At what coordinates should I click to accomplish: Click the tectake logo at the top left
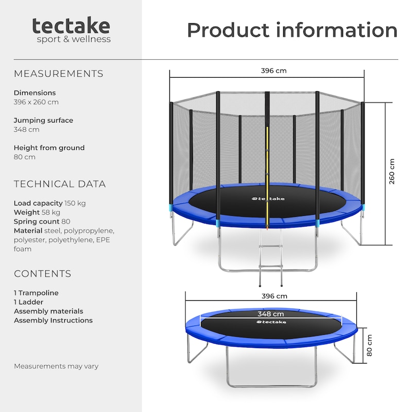pyautogui.click(x=71, y=30)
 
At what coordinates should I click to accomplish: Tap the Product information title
pyautogui.click(x=292, y=30)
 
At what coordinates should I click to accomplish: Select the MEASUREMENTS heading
pyautogui.click(x=58, y=74)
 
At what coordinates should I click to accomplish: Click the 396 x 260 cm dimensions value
pyautogui.click(x=36, y=102)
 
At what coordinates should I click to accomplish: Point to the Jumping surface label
pyautogui.click(x=43, y=121)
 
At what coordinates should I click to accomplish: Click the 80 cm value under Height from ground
pyautogui.click(x=24, y=157)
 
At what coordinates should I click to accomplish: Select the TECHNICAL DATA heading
pyautogui.click(x=60, y=184)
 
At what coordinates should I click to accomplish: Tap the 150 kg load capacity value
pyautogui.click(x=75, y=203)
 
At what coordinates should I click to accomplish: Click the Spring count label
pyautogui.click(x=37, y=221)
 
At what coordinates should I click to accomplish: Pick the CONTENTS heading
pyautogui.click(x=42, y=274)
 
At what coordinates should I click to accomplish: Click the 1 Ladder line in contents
pyautogui.click(x=28, y=302)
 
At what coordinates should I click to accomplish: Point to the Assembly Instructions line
pyautogui.click(x=53, y=320)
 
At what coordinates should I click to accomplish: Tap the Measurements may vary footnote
pyautogui.click(x=56, y=366)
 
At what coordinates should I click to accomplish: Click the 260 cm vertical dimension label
pyautogui.click(x=391, y=171)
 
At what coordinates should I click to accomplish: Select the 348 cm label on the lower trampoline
pyautogui.click(x=271, y=314)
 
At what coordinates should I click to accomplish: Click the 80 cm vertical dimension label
pyautogui.click(x=369, y=345)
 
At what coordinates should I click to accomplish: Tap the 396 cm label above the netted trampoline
pyautogui.click(x=273, y=71)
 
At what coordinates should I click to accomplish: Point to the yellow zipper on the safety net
pyautogui.click(x=267, y=177)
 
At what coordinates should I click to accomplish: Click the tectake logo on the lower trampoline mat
pyautogui.click(x=271, y=322)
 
